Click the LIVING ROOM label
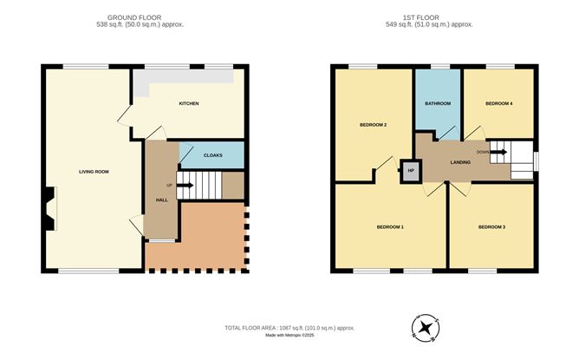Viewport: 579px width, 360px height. click(x=94, y=172)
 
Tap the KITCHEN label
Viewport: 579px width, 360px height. click(x=189, y=103)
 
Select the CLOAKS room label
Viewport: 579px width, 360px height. click(x=213, y=155)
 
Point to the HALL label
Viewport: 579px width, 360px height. click(x=162, y=200)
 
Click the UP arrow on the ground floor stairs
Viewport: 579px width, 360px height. click(x=185, y=185)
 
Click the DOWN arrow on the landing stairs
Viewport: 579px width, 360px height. click(x=498, y=152)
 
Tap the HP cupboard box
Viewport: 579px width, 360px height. click(x=411, y=171)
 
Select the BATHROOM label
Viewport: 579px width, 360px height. click(x=438, y=103)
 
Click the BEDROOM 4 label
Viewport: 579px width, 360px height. click(x=499, y=103)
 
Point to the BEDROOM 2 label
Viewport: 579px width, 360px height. click(x=374, y=125)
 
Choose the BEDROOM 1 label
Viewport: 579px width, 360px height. click(x=390, y=227)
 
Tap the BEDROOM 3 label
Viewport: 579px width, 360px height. click(x=491, y=227)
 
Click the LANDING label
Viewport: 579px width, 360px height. click(x=460, y=162)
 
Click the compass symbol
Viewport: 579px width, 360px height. click(x=426, y=328)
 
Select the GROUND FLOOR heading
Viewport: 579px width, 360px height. click(x=134, y=17)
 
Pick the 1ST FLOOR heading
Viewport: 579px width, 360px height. click(x=421, y=17)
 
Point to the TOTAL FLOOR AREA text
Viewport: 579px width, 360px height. click(x=289, y=328)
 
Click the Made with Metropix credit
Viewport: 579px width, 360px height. click(x=289, y=335)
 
